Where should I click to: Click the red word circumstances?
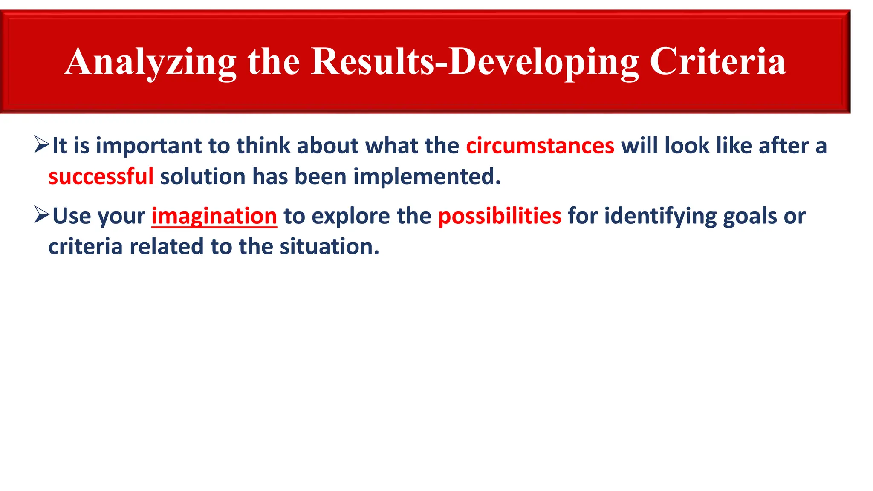pos(540,146)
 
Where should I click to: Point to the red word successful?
pos(101,176)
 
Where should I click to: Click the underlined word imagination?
pos(214,216)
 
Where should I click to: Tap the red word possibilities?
pos(500,216)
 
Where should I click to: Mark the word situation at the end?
pos(329,247)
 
